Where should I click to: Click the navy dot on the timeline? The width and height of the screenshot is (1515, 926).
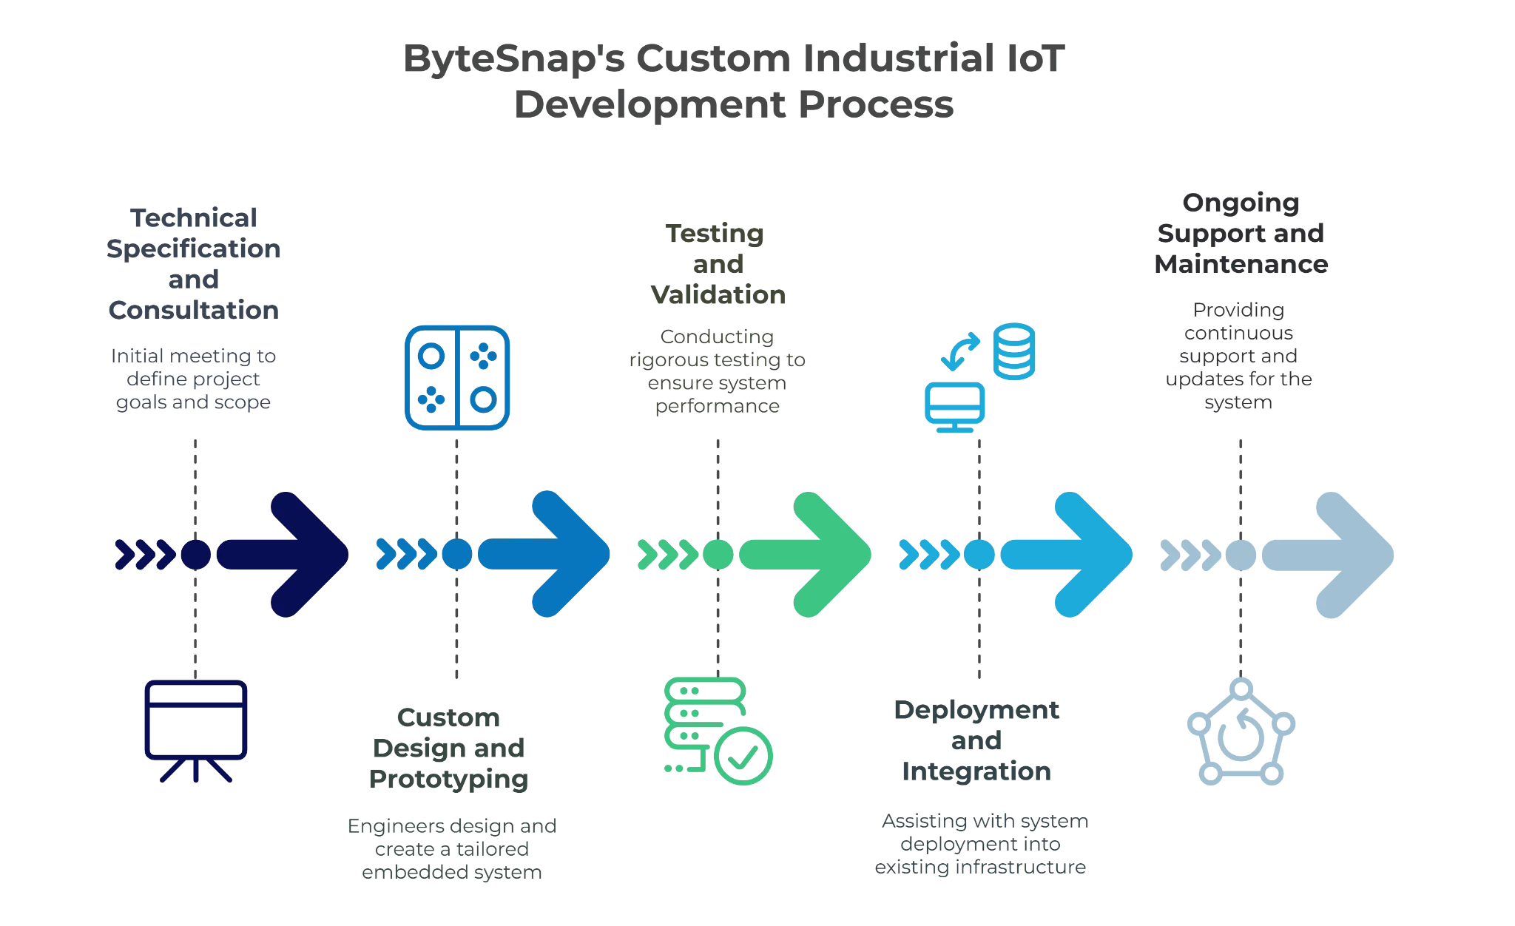coord(196,554)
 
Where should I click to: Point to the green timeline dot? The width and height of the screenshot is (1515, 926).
coord(717,554)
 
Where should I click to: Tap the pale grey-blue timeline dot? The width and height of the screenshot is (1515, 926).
coord(1239,554)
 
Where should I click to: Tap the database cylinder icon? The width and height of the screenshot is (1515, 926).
coord(1013,351)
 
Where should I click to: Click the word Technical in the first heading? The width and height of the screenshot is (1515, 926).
coord(195,219)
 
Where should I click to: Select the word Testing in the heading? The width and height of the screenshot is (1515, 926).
coord(714,233)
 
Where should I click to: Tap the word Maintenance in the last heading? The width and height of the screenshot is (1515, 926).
coord(1239,265)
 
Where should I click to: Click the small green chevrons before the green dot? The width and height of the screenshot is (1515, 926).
coord(666,554)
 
